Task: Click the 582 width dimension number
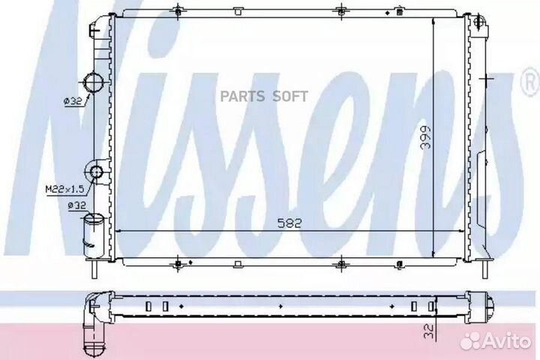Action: click(x=289, y=223)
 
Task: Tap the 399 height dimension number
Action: click(x=426, y=137)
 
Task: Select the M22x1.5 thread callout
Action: click(x=65, y=189)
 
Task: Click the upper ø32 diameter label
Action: click(x=73, y=101)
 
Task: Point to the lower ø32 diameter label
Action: click(x=76, y=206)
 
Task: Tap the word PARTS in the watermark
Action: click(x=242, y=97)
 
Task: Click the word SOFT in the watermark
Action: click(x=290, y=97)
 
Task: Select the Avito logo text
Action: click(x=507, y=341)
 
